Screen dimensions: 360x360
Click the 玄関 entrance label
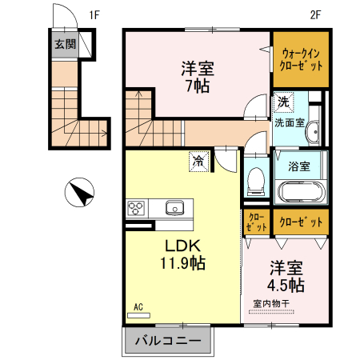tap(66, 44)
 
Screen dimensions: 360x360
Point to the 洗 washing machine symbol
tap(283, 102)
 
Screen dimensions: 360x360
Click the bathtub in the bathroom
tap(299, 192)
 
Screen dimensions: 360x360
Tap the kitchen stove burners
tap(134, 209)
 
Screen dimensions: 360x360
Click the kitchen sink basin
tap(174, 208)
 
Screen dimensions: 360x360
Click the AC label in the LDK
tap(138, 307)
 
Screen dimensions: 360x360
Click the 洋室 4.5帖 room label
tap(286, 276)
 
